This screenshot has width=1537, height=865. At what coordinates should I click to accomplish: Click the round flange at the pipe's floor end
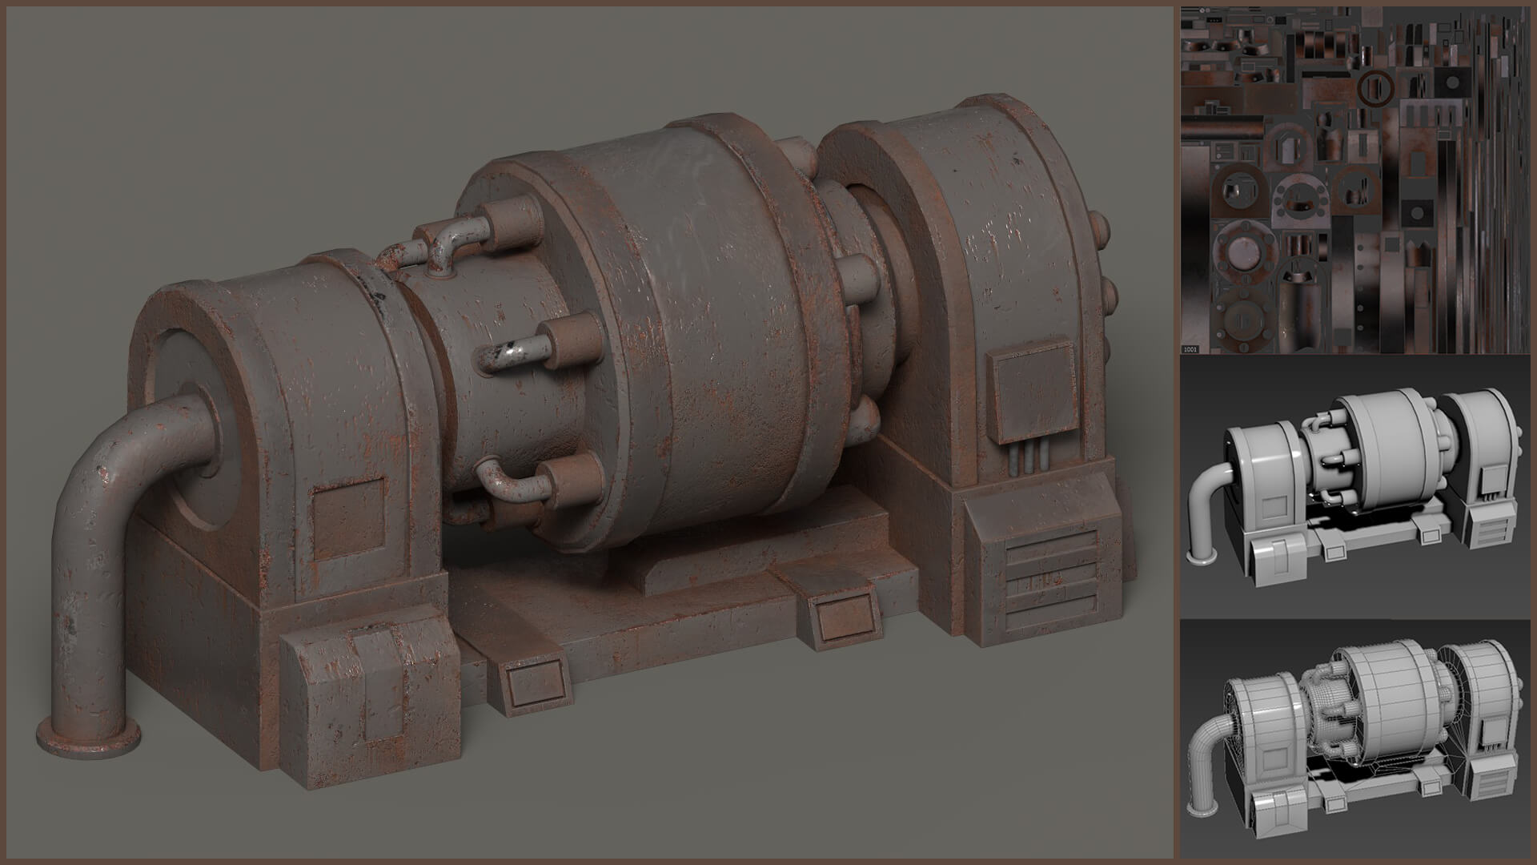pyautogui.click(x=88, y=738)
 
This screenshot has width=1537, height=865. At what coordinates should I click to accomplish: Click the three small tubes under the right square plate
pyautogui.click(x=1030, y=461)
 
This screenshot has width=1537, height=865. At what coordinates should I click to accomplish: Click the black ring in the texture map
pyautogui.click(x=1374, y=87)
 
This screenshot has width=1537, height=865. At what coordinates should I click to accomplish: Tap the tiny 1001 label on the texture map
pyautogui.click(x=1190, y=348)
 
